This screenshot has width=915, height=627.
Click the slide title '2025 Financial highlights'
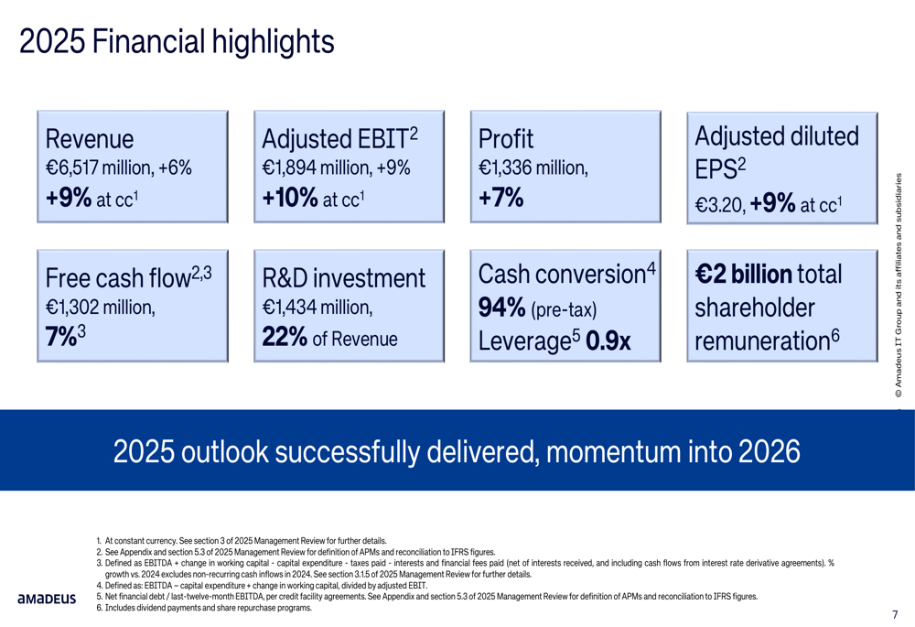tap(177, 41)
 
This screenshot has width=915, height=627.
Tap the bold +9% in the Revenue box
tap(66, 199)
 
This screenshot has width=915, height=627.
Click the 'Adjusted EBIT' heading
tap(334, 139)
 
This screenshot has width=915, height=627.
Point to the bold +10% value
tap(289, 199)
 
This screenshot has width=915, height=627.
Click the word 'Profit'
tap(505, 139)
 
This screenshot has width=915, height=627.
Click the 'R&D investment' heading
tap(343, 278)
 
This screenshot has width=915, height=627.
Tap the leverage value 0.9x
tap(608, 341)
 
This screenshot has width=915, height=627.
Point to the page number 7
tap(895, 613)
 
